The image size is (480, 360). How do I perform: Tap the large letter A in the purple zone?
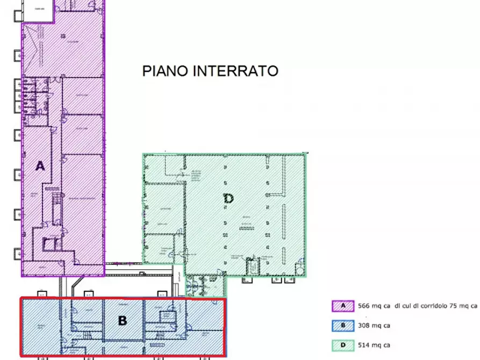[x=39, y=166]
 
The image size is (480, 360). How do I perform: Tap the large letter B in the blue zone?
[x=122, y=320]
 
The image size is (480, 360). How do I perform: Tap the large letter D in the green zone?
[x=228, y=199]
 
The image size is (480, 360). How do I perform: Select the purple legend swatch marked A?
[x=343, y=306]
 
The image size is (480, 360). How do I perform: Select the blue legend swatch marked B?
[x=343, y=325]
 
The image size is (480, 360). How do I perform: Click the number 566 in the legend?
[x=365, y=306]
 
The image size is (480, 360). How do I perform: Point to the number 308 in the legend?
[x=365, y=325]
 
